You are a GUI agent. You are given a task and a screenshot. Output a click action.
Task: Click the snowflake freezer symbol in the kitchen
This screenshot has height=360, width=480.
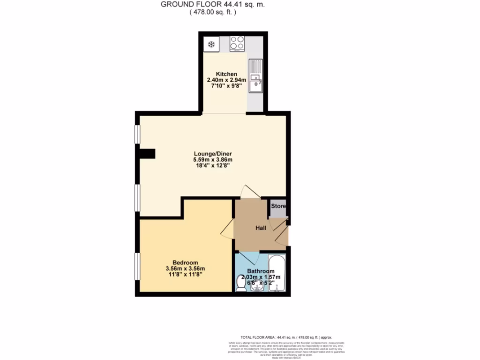point(211,45)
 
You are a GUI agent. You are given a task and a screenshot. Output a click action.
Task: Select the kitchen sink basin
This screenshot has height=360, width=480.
point(255,85)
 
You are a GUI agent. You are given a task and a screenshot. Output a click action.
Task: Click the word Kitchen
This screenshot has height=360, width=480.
point(226,74)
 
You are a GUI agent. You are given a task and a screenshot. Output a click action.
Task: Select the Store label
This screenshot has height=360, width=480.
point(278,206)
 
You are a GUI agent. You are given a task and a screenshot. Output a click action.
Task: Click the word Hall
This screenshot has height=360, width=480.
point(261,228)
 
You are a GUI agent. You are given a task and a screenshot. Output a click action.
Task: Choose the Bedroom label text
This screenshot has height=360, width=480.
point(185,262)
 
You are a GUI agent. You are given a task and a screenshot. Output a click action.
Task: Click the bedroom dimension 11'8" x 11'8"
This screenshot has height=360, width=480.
point(185,275)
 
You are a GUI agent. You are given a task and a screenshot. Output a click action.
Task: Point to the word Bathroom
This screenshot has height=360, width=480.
point(261,271)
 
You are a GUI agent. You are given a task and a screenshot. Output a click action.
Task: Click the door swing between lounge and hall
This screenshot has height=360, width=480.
point(248,191)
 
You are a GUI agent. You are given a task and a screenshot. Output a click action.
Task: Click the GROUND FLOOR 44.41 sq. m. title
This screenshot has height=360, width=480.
point(212,5)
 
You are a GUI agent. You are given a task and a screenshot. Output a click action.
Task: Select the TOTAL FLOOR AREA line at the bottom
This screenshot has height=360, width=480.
point(286,337)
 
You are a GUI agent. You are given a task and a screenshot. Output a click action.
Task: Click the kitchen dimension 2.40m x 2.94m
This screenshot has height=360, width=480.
point(226,80)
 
